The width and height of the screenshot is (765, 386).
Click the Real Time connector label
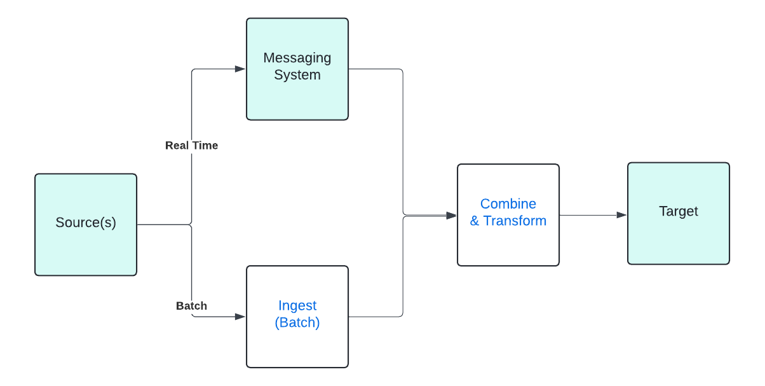tap(191, 146)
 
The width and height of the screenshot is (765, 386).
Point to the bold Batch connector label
tap(191, 306)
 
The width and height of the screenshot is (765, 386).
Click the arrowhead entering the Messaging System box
tap(240, 69)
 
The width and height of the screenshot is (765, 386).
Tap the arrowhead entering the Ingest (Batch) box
tap(240, 316)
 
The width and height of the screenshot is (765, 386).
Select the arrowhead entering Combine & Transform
tap(451, 216)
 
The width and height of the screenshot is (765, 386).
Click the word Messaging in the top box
tap(297, 58)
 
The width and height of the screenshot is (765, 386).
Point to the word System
tap(297, 75)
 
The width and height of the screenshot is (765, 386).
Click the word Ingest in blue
tap(297, 306)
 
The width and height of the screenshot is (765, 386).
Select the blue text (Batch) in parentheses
tap(297, 323)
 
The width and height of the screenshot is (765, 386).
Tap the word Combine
tap(508, 204)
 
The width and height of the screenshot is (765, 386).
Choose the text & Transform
tap(508, 221)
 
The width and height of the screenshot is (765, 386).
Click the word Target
tap(679, 212)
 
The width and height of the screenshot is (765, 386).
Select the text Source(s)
tap(86, 223)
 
